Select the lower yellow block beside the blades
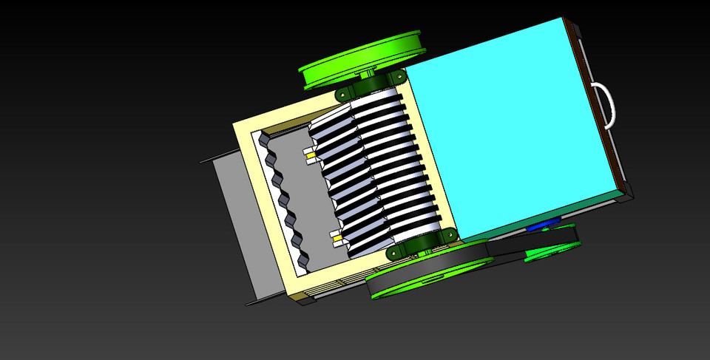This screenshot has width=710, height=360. [337, 240]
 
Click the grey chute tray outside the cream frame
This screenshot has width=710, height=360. [237, 222]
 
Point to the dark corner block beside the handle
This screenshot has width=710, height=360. [627, 192]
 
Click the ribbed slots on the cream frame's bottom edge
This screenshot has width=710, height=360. [333, 287]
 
